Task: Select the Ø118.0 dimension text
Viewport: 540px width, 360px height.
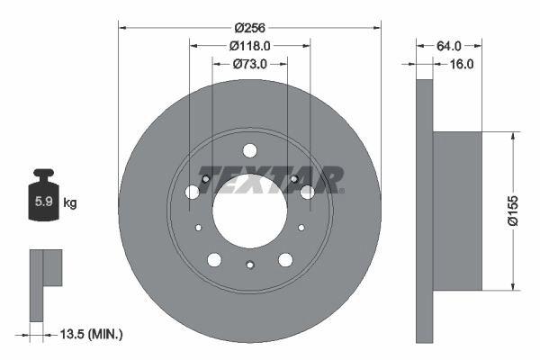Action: click(x=250, y=45)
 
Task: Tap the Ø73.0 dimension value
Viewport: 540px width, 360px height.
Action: click(x=250, y=64)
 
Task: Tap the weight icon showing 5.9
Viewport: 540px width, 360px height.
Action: click(x=43, y=200)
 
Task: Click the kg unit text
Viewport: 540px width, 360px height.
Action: click(x=70, y=203)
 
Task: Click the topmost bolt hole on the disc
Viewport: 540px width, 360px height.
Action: click(x=250, y=150)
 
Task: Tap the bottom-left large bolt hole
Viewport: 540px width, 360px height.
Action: click(x=214, y=260)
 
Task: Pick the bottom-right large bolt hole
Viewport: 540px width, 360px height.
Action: click(x=285, y=260)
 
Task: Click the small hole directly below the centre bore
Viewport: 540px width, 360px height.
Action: click(x=250, y=264)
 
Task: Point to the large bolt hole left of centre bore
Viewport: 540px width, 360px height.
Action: click(x=192, y=192)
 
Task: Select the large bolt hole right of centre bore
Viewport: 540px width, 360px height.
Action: click(x=308, y=192)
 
